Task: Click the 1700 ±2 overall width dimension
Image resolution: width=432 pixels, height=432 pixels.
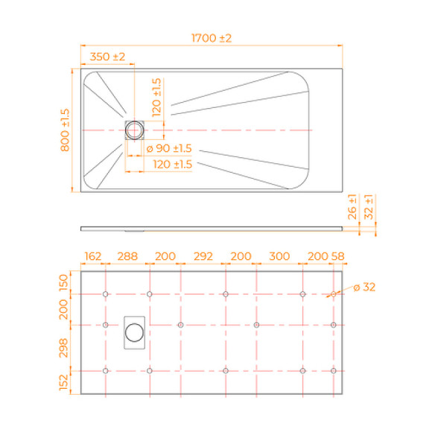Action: [x=212, y=38]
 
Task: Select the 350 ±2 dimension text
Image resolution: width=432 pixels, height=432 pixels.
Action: [x=108, y=57]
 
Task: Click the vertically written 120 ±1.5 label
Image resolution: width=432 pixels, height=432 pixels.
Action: [x=156, y=98]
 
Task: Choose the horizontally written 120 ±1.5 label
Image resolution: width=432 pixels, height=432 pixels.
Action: [x=173, y=164]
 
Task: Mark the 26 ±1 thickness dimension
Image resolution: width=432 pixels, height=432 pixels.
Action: [x=353, y=206]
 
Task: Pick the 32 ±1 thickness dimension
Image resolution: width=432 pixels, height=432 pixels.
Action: [x=370, y=206]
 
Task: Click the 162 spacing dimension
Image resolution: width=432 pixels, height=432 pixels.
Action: [x=93, y=256]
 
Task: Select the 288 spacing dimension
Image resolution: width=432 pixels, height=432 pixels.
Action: [x=127, y=256]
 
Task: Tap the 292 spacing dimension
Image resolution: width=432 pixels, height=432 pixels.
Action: [x=203, y=256]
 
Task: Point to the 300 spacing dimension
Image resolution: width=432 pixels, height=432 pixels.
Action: [x=279, y=256]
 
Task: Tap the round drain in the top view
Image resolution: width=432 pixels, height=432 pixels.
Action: [x=136, y=130]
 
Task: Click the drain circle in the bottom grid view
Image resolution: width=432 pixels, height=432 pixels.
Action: [x=135, y=331]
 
